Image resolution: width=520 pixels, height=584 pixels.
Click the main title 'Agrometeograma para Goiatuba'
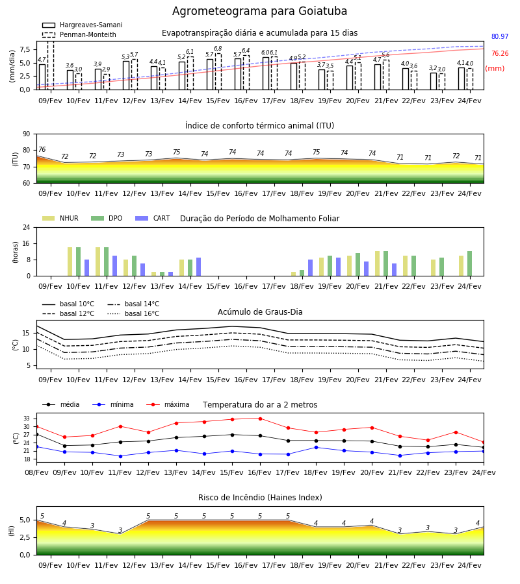[259, 11]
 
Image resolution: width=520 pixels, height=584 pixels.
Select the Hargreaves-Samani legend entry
[83, 25]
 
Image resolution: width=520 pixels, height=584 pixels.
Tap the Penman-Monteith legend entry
[79, 34]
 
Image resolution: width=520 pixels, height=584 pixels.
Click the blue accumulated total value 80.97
[500, 36]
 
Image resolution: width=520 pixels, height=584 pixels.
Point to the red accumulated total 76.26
[500, 53]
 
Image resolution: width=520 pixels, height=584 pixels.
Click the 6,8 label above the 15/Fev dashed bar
[218, 49]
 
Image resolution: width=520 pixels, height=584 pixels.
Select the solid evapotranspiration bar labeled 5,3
[126, 75]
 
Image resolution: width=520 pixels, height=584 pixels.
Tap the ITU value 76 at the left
[42, 149]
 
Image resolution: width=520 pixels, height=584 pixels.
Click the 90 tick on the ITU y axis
[27, 134]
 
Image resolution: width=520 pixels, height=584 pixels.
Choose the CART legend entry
[152, 218]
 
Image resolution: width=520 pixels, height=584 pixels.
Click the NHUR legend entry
[60, 218]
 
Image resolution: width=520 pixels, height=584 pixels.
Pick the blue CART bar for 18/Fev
[310, 268]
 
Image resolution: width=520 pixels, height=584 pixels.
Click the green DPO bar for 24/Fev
[470, 263]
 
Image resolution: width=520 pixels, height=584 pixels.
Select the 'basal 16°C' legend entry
[133, 313]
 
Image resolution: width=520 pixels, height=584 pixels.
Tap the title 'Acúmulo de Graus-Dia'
[260, 311]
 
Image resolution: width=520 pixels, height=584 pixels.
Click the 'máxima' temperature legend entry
[168, 404]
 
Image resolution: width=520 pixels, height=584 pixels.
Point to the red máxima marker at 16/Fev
[261, 419]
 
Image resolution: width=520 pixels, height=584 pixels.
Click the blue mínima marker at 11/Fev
[120, 456]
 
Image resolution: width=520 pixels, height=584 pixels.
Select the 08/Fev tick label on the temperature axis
[36, 472]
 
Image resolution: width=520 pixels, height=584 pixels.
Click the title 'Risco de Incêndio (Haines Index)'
[260, 498]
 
